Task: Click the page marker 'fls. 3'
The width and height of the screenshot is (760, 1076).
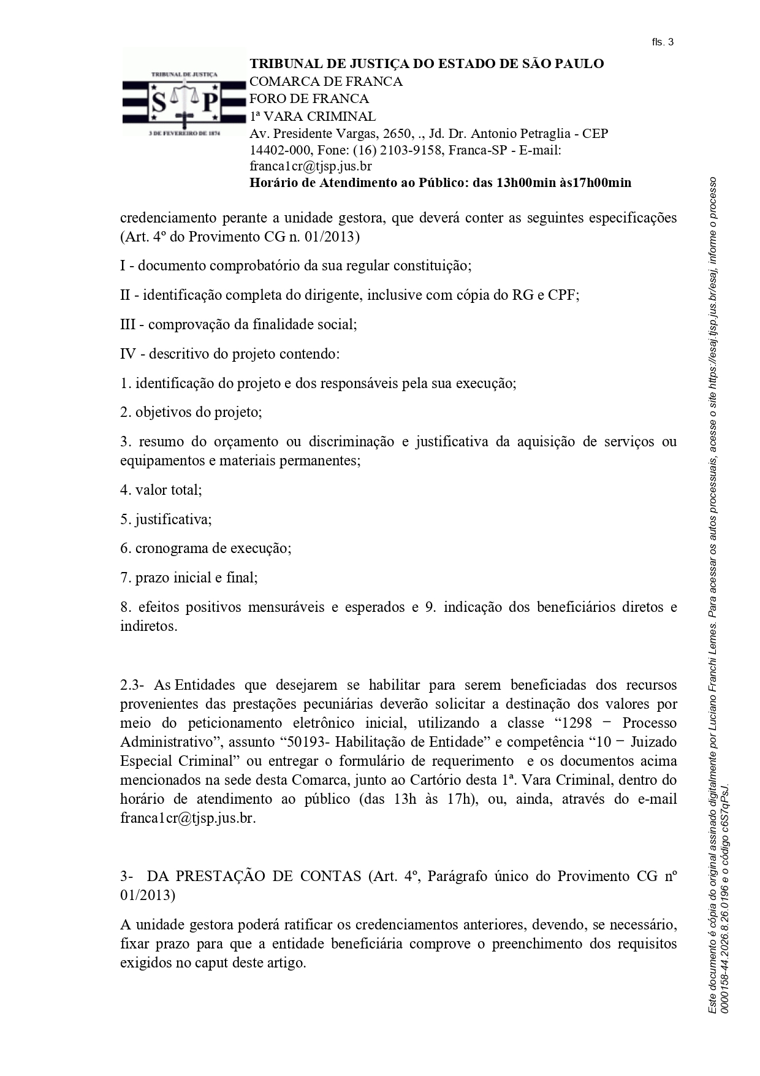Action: (x=663, y=42)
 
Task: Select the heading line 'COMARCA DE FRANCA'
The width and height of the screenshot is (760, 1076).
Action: (x=326, y=82)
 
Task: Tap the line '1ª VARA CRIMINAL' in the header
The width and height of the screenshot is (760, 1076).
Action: (x=313, y=116)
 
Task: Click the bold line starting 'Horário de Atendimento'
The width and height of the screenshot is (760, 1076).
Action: (x=440, y=183)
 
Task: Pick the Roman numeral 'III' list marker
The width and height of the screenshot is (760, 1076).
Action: (x=127, y=324)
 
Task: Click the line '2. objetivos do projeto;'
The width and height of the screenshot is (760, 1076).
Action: (x=191, y=412)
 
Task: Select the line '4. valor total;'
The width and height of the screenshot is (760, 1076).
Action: (x=161, y=490)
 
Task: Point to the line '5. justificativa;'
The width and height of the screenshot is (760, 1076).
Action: (x=166, y=519)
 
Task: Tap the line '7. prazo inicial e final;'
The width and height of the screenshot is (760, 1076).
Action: (x=189, y=578)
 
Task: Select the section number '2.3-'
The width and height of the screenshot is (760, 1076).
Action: (x=132, y=685)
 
